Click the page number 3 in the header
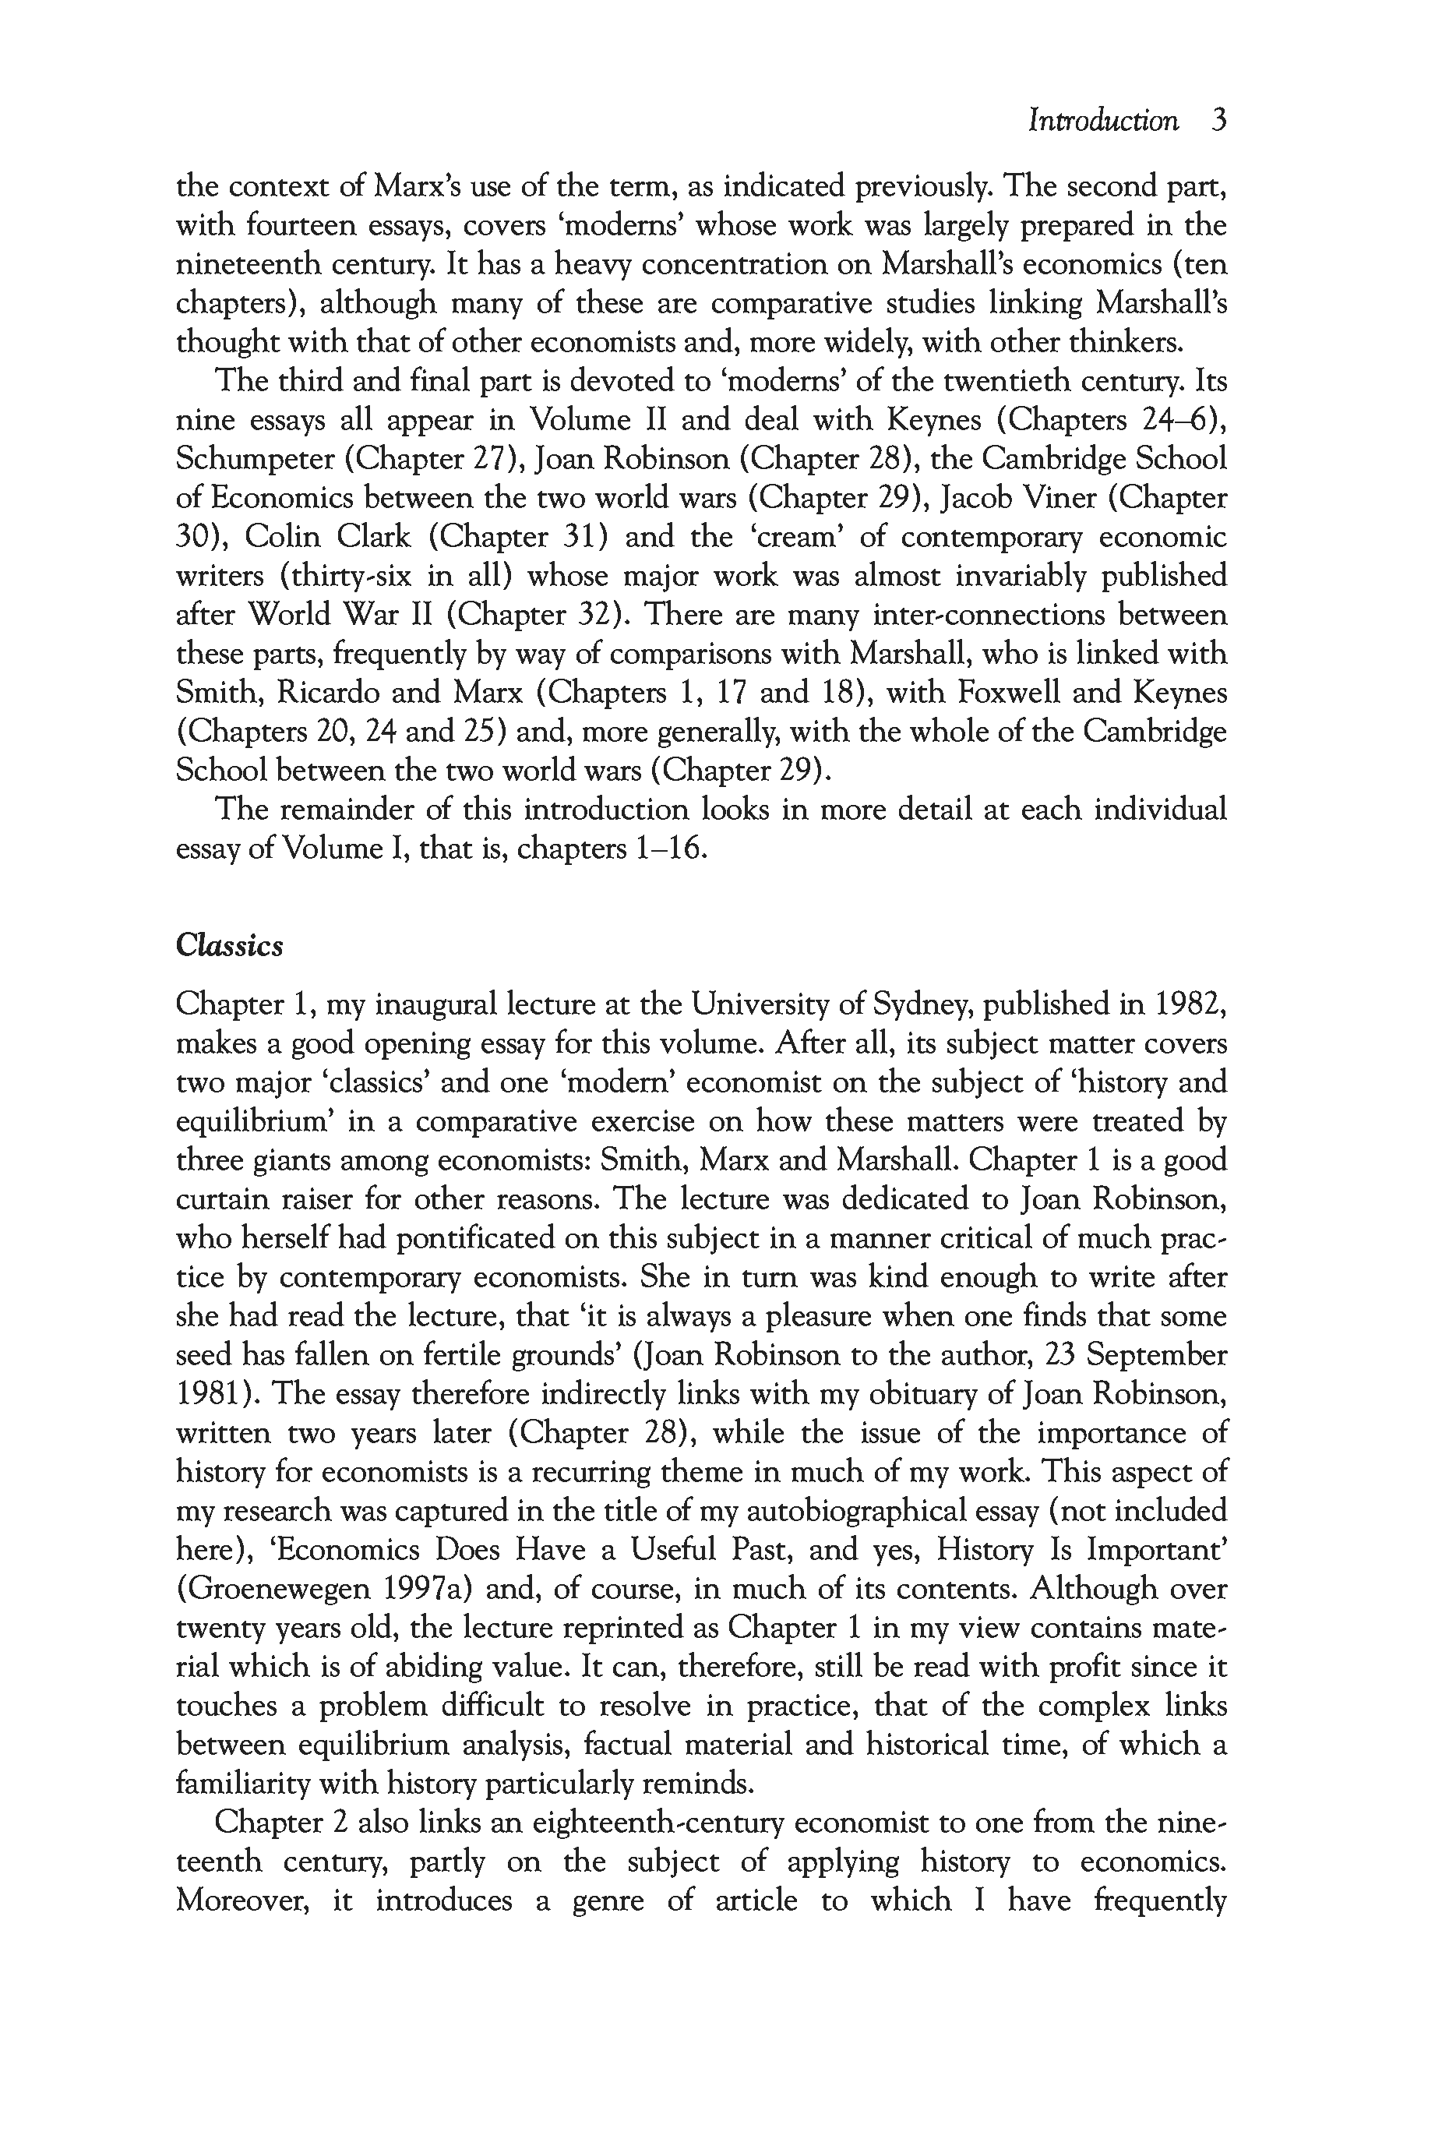pyautogui.click(x=1217, y=121)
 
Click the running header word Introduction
pyautogui.click(x=1103, y=121)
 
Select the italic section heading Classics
pyautogui.click(x=229, y=946)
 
